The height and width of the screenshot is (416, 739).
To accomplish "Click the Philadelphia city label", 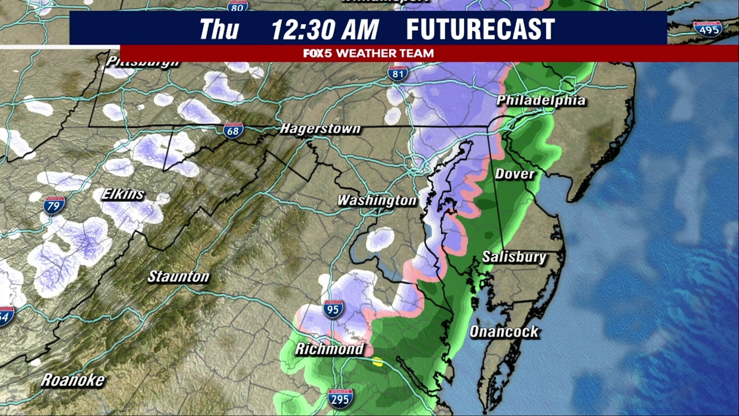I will click(x=541, y=101).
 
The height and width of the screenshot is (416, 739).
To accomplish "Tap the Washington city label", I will click(x=376, y=200).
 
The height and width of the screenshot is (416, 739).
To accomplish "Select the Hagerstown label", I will click(x=320, y=128).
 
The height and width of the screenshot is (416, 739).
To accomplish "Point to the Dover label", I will click(x=514, y=173).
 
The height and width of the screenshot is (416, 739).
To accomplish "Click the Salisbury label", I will click(x=514, y=257).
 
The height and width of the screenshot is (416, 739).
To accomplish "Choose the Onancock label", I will click(x=503, y=332).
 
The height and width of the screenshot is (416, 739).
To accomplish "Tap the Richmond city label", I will click(x=329, y=349).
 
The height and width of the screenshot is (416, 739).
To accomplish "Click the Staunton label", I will click(x=178, y=277).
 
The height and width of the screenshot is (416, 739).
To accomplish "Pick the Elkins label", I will click(x=122, y=194).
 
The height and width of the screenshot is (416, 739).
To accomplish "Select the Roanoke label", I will click(x=73, y=380).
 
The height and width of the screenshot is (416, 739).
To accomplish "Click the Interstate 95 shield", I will click(x=333, y=309).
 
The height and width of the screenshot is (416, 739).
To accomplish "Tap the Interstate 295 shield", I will click(x=341, y=399).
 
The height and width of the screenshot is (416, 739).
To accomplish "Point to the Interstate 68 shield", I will click(x=233, y=130).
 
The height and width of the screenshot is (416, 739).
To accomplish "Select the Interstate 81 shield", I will click(x=398, y=73).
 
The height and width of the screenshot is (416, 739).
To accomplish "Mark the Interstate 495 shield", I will click(x=707, y=28).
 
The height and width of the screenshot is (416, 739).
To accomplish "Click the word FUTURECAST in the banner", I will click(x=480, y=29).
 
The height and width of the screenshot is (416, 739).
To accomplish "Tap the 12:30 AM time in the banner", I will click(x=324, y=29).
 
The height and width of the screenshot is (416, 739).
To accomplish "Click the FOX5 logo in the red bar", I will click(x=318, y=53).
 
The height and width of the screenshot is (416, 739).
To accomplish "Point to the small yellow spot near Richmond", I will click(x=377, y=362).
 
